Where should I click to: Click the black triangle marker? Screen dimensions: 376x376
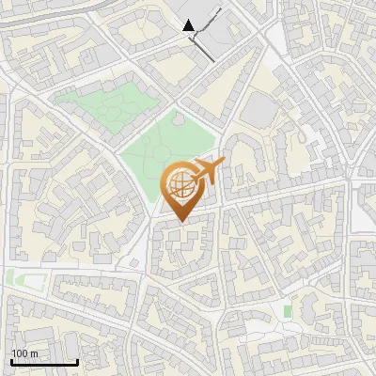pos(190,25)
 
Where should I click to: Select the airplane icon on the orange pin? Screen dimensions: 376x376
pos(209,170)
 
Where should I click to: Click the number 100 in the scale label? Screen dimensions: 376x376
pos(20,353)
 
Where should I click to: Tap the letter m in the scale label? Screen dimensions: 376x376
pos(34,353)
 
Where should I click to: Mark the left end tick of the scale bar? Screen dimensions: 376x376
pos(11,361)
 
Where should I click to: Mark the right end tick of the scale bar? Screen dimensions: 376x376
pos(77,361)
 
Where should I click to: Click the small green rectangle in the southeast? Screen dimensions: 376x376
pos(288,309)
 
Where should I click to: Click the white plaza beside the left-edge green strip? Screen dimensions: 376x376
pos(30,279)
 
